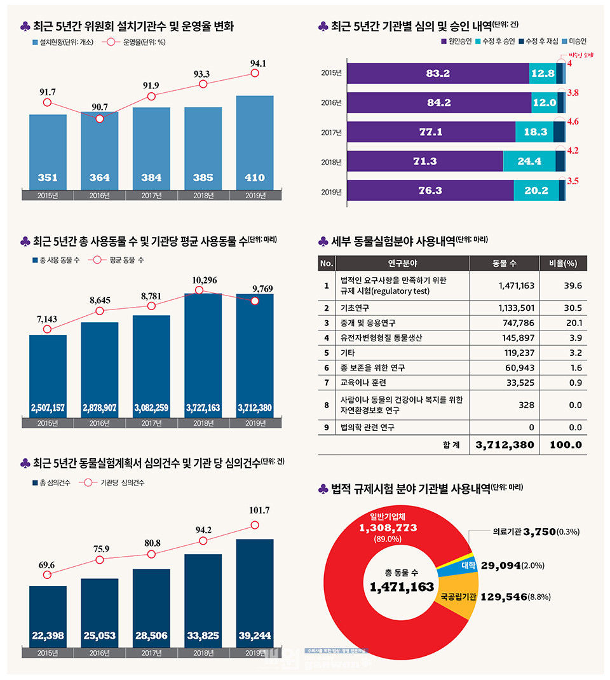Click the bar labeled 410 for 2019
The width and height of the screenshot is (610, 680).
point(255,143)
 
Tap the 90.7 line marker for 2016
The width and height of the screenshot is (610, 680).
point(100,118)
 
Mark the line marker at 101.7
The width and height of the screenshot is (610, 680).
point(255,525)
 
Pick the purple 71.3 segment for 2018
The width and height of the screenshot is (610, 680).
point(424,161)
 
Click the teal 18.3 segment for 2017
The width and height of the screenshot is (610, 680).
point(534,132)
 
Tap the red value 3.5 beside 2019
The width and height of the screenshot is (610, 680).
point(573,181)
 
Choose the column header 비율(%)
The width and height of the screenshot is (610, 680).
point(563,263)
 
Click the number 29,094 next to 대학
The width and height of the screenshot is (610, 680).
point(501,565)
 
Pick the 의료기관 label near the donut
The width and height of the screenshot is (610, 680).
point(506,532)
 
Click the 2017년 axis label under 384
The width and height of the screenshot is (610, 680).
point(151,195)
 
